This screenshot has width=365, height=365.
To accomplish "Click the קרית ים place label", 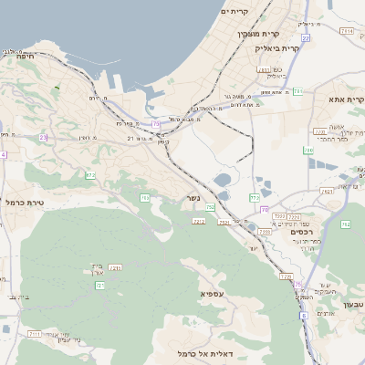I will pyautogui.click(x=235, y=12).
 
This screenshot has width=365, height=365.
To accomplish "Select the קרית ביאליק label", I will pyautogui.click(x=277, y=47).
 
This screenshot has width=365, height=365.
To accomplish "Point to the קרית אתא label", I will pyautogui.click(x=346, y=100).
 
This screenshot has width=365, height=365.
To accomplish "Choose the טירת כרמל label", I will pyautogui.click(x=26, y=202).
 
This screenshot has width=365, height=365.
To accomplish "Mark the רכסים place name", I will pyautogui.click(x=300, y=232).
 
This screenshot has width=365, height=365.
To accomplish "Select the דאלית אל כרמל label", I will pyautogui.click(x=203, y=352).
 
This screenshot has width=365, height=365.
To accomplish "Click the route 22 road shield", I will pyautogui.click(x=305, y=38).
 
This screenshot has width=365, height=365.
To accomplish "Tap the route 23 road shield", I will pyautogui.click(x=43, y=138).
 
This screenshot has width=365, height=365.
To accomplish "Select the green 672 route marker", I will pyautogui.click(x=90, y=174).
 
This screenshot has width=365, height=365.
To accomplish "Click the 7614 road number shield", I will pyautogui.click(x=347, y=31).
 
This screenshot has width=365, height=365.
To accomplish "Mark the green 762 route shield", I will pyautogui.click(x=346, y=224).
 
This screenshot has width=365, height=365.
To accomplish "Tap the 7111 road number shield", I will pyautogui.click(x=35, y=334).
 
